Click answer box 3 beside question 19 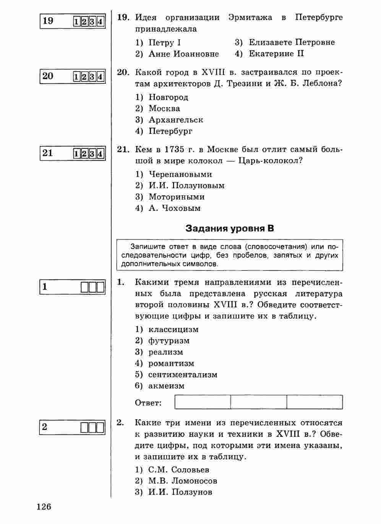pyautogui.click(x=92, y=22)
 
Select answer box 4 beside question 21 pyautogui.click(x=100, y=154)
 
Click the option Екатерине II pyautogui.click(x=276, y=54)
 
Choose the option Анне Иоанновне pyautogui.click(x=183, y=54)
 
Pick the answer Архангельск pyautogui.click(x=176, y=120)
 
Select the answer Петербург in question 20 pyautogui.click(x=170, y=131)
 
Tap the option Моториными pyautogui.click(x=177, y=197)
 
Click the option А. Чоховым pyautogui.click(x=174, y=208)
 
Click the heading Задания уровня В pyautogui.click(x=230, y=229)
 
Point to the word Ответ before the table pyautogui.click(x=148, y=403)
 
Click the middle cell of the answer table pyautogui.click(x=259, y=402)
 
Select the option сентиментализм pyautogui.click(x=183, y=375)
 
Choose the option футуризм pyautogui.click(x=169, y=341)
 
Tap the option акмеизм pyautogui.click(x=166, y=386)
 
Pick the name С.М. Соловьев pyautogui.click(x=179, y=470)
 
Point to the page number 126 pyautogui.click(x=44, y=507)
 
